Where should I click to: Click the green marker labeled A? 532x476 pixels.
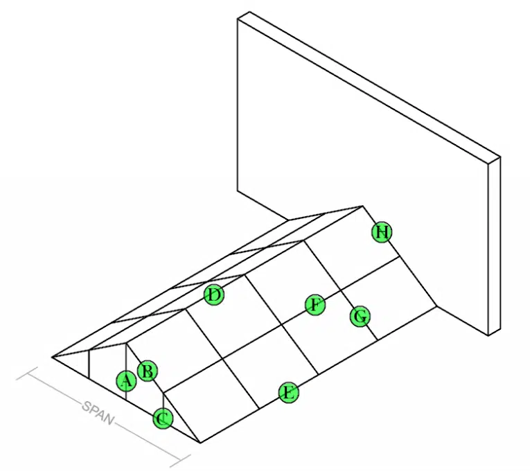tap(126, 381)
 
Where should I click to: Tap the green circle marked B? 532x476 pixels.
tap(148, 371)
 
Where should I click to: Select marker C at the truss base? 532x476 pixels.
tap(163, 418)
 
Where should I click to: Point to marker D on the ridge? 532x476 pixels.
tap(214, 295)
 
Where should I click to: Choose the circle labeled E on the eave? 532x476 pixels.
tap(289, 393)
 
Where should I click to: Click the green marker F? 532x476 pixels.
tap(316, 305)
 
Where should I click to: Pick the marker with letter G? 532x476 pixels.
tap(360, 317)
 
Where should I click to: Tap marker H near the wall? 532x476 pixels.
tap(382, 232)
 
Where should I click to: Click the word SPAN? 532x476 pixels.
tap(98, 413)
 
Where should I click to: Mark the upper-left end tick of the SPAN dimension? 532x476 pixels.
tap(27, 373)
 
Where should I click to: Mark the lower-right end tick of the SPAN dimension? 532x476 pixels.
tap(180, 461)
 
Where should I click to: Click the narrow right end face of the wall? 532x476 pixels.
tap(495, 246)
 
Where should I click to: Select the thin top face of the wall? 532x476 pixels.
tap(369, 84)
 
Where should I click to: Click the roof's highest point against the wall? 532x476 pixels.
tap(362, 206)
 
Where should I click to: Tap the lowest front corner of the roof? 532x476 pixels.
tap(200, 443)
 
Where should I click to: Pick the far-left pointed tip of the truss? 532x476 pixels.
tap(52, 357)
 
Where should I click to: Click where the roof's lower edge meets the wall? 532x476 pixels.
tap(436, 307)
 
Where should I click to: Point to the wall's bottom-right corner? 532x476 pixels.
tap(488, 335)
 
